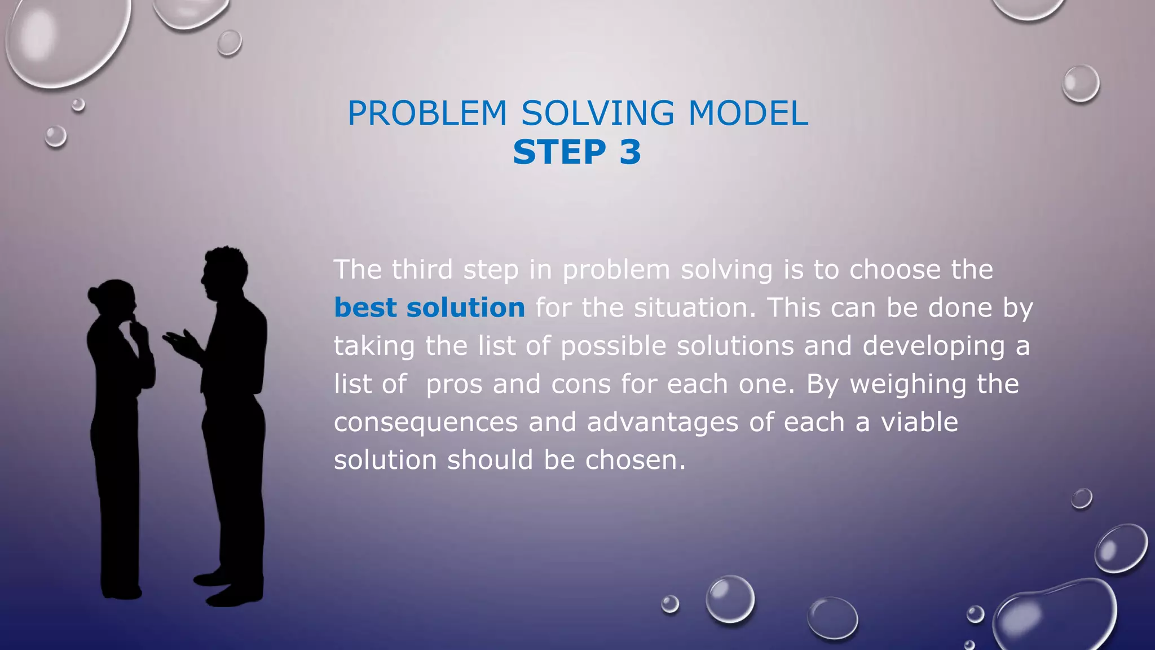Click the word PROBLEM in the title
(x=427, y=113)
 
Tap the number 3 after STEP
(x=630, y=152)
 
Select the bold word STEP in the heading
(x=559, y=152)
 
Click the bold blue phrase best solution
(x=429, y=308)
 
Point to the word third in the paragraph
(x=422, y=270)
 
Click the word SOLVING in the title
(x=597, y=113)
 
